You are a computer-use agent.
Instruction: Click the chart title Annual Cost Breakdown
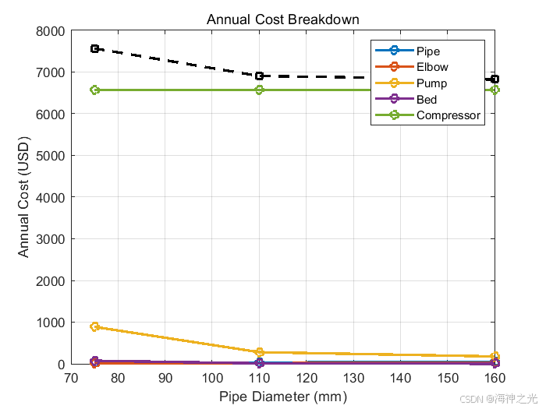click(282, 19)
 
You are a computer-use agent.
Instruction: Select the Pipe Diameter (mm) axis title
click(282, 397)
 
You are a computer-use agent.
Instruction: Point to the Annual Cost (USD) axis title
click(24, 197)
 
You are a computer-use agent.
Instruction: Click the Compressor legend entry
click(448, 116)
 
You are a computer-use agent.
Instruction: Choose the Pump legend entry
click(432, 83)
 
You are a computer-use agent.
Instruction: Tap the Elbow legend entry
click(432, 67)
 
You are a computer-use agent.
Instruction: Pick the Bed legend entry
click(427, 100)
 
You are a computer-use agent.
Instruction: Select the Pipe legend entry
click(428, 51)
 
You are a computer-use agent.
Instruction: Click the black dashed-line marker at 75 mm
click(95, 48)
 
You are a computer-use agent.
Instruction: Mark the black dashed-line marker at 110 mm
click(260, 76)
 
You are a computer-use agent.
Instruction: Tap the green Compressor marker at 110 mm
click(260, 90)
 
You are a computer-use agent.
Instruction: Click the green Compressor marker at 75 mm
click(95, 90)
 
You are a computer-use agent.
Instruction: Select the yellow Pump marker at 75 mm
click(95, 327)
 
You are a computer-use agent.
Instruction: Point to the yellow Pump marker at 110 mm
click(260, 352)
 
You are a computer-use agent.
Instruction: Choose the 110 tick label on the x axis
click(260, 379)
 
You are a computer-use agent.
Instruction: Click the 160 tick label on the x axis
click(495, 379)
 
